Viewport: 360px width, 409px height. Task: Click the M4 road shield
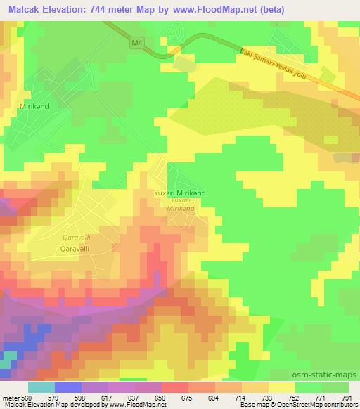pos(136,44)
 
